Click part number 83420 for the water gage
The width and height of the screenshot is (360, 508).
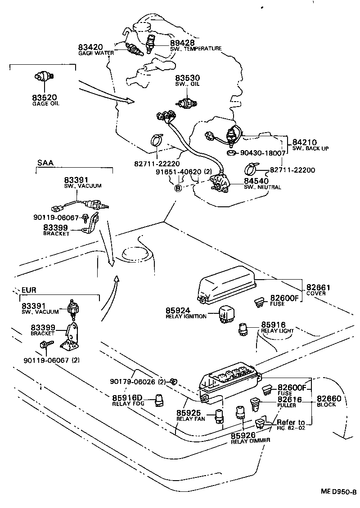coord(90,47)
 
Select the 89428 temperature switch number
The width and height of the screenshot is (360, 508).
coord(183,43)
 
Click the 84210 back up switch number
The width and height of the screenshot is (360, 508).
coord(305,142)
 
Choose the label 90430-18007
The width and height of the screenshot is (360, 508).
coord(263,153)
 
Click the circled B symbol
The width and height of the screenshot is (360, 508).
coord(178,187)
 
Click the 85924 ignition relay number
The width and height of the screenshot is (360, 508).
coord(178,310)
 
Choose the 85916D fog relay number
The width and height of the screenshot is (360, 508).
coord(127,397)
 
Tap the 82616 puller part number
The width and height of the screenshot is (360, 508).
coord(289,399)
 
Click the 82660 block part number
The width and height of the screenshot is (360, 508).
coord(329,399)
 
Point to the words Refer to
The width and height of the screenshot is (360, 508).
coord(291,423)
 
